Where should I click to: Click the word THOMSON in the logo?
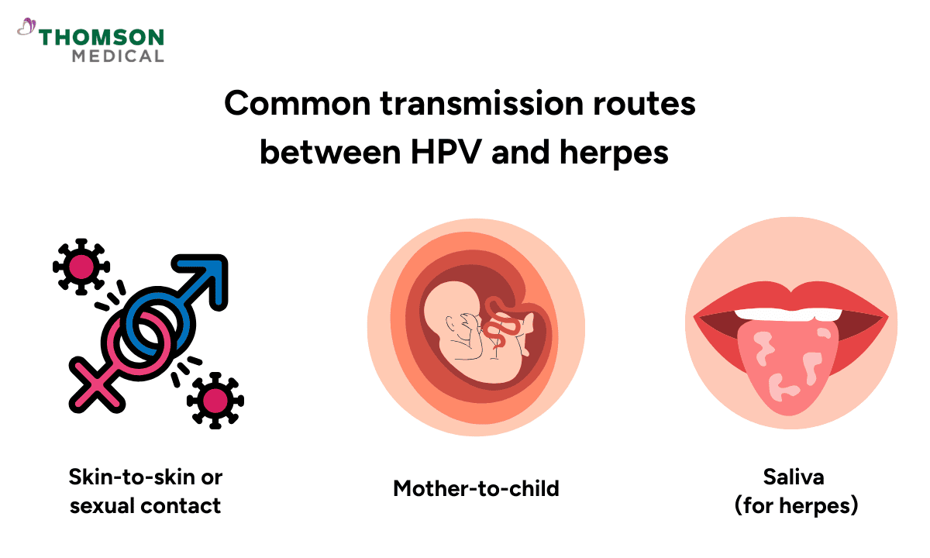(102, 37)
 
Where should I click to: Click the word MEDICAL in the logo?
(117, 56)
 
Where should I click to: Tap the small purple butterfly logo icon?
(26, 28)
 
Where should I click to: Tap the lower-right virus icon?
(215, 400)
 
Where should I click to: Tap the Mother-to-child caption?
(476, 489)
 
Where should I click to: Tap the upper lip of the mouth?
(790, 297)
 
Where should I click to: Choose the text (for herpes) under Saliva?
(796, 505)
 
